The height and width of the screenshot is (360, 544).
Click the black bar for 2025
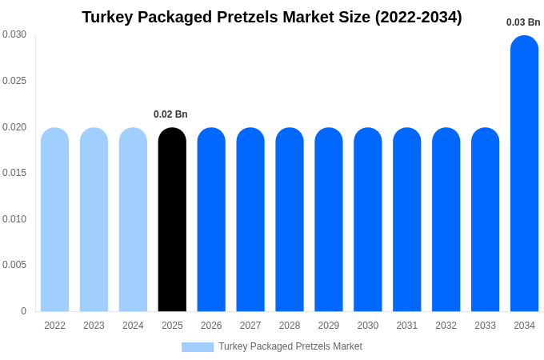(x=172, y=220)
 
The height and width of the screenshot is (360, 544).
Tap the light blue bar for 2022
(x=54, y=220)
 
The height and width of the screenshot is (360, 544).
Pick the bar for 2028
(x=290, y=220)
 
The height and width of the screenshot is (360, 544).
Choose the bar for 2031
(x=406, y=220)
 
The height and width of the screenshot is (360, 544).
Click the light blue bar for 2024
(x=133, y=220)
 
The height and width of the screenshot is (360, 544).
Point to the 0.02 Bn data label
(x=170, y=114)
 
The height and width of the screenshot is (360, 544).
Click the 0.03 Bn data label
(x=523, y=22)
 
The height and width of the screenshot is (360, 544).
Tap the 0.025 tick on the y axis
(x=14, y=81)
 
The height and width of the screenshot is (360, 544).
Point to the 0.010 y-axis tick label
(x=14, y=219)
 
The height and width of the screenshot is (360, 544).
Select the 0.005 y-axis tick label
(x=14, y=265)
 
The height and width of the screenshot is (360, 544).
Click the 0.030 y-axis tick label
(x=14, y=34)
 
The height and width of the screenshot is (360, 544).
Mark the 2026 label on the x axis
(x=211, y=326)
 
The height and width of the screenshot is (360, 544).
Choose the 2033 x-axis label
(x=485, y=326)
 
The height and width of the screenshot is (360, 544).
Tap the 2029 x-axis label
(x=329, y=326)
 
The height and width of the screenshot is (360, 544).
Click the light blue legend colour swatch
(x=198, y=347)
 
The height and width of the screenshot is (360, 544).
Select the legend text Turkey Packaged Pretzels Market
(x=290, y=346)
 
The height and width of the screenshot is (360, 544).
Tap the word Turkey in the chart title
(x=108, y=17)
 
